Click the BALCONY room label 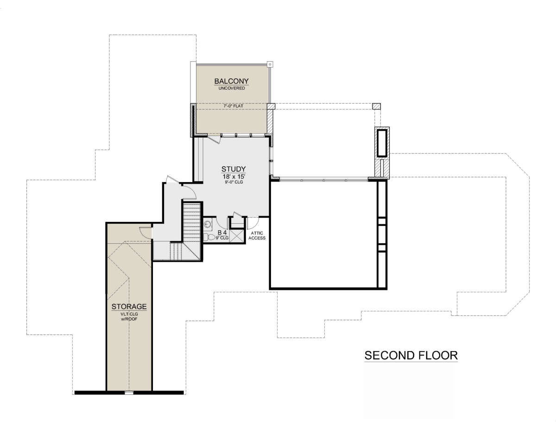click(x=231, y=81)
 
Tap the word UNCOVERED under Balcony click(x=232, y=88)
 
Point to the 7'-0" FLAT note click(x=234, y=106)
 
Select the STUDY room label click(x=234, y=169)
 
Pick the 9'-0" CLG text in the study click(x=234, y=182)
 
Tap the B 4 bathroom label click(x=222, y=233)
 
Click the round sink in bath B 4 click(x=208, y=225)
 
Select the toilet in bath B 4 click(x=209, y=237)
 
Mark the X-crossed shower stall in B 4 click(x=237, y=236)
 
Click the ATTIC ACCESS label click(x=257, y=236)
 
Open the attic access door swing click(x=253, y=223)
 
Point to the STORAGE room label click(x=129, y=307)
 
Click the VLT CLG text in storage click(x=129, y=314)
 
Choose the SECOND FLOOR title click(x=411, y=355)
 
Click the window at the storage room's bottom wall click(x=129, y=393)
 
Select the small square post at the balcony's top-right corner click(x=270, y=64)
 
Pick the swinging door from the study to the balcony click(x=214, y=139)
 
